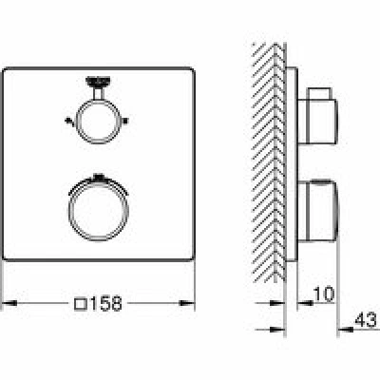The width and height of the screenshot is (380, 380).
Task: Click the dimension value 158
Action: [x=106, y=303]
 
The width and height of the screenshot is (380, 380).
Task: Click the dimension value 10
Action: [x=324, y=294]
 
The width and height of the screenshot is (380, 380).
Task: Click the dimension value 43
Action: [x=366, y=319]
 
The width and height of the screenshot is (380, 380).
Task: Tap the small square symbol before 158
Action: [x=81, y=304]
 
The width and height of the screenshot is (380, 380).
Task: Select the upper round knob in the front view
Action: [x=99, y=122]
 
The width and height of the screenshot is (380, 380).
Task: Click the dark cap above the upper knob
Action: [x=98, y=81]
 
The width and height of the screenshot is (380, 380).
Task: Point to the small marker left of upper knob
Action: [x=67, y=121]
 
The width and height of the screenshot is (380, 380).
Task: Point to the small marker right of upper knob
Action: [x=125, y=121]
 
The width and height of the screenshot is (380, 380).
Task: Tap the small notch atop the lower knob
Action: [x=99, y=177]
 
